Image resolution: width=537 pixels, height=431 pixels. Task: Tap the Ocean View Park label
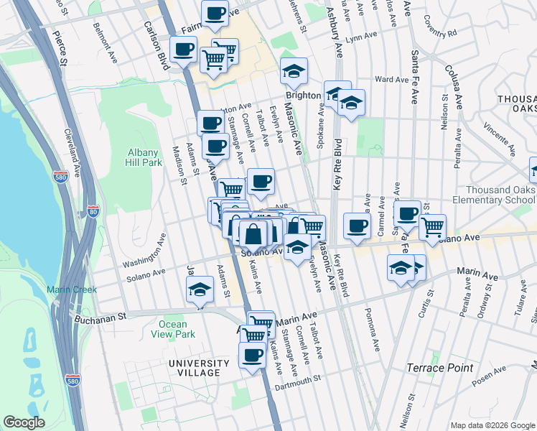(x=172, y=329)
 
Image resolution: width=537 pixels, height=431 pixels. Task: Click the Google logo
(x=24, y=422)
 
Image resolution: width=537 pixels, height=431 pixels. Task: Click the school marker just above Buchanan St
(x=200, y=291)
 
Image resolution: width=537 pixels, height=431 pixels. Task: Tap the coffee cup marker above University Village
(x=252, y=355)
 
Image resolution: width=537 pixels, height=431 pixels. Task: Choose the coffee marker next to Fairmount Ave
(x=214, y=12)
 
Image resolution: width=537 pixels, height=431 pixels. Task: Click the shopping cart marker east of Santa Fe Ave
(x=432, y=226)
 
